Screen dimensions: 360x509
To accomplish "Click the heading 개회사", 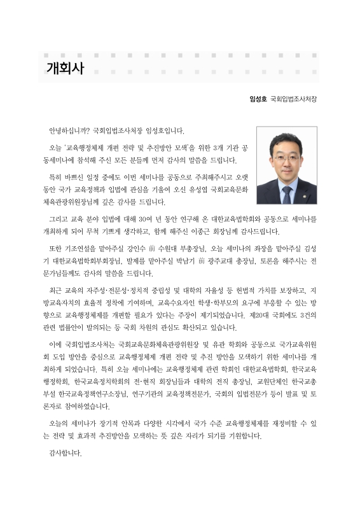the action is (x=64, y=68).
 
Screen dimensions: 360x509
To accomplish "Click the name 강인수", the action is (x=138, y=247).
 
